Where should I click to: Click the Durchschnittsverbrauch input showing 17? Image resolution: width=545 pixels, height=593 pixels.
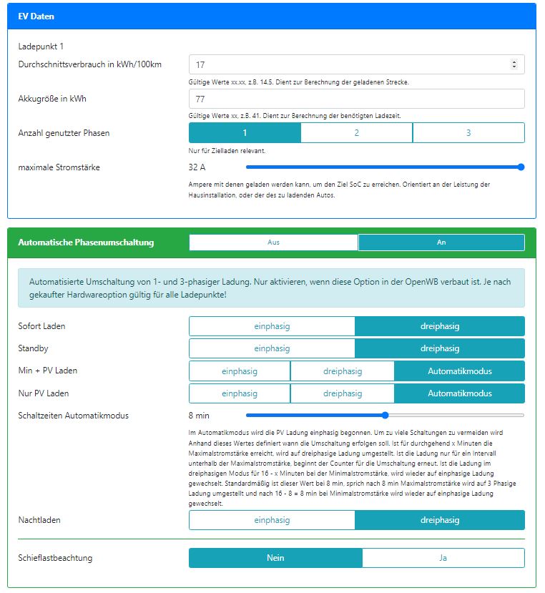point(350,64)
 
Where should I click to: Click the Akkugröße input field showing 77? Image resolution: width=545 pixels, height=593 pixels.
point(356,99)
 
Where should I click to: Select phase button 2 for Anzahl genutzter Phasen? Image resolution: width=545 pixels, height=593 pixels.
point(356,132)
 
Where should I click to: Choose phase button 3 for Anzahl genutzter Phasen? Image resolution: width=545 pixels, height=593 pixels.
point(468,132)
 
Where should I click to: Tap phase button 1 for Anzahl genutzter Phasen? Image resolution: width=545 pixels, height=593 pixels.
point(245,132)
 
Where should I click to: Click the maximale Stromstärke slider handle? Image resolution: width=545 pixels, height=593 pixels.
point(521,167)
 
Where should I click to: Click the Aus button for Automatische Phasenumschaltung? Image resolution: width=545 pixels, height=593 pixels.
point(273,242)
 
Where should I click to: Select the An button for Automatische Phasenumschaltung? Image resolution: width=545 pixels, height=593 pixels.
point(441,242)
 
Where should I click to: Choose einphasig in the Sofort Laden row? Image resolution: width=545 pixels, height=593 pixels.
point(272,326)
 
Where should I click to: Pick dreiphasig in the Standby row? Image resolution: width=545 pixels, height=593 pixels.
point(440,348)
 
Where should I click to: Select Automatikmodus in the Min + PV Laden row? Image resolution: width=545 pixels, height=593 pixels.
point(459,371)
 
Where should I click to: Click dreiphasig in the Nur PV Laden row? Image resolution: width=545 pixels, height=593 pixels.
point(343,393)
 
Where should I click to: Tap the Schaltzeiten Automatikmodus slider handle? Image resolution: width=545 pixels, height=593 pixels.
point(385,415)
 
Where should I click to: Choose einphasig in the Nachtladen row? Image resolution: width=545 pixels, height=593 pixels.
point(272,520)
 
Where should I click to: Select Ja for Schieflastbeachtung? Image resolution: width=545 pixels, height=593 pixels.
point(443,558)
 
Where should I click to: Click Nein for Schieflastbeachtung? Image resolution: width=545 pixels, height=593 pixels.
point(275,558)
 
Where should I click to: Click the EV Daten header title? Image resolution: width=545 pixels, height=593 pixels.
point(36,16)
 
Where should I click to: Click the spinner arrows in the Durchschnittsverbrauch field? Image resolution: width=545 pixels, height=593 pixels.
point(514,64)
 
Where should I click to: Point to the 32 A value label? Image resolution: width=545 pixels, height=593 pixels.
point(197,167)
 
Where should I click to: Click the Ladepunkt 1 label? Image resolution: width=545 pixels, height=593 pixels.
point(41,46)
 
